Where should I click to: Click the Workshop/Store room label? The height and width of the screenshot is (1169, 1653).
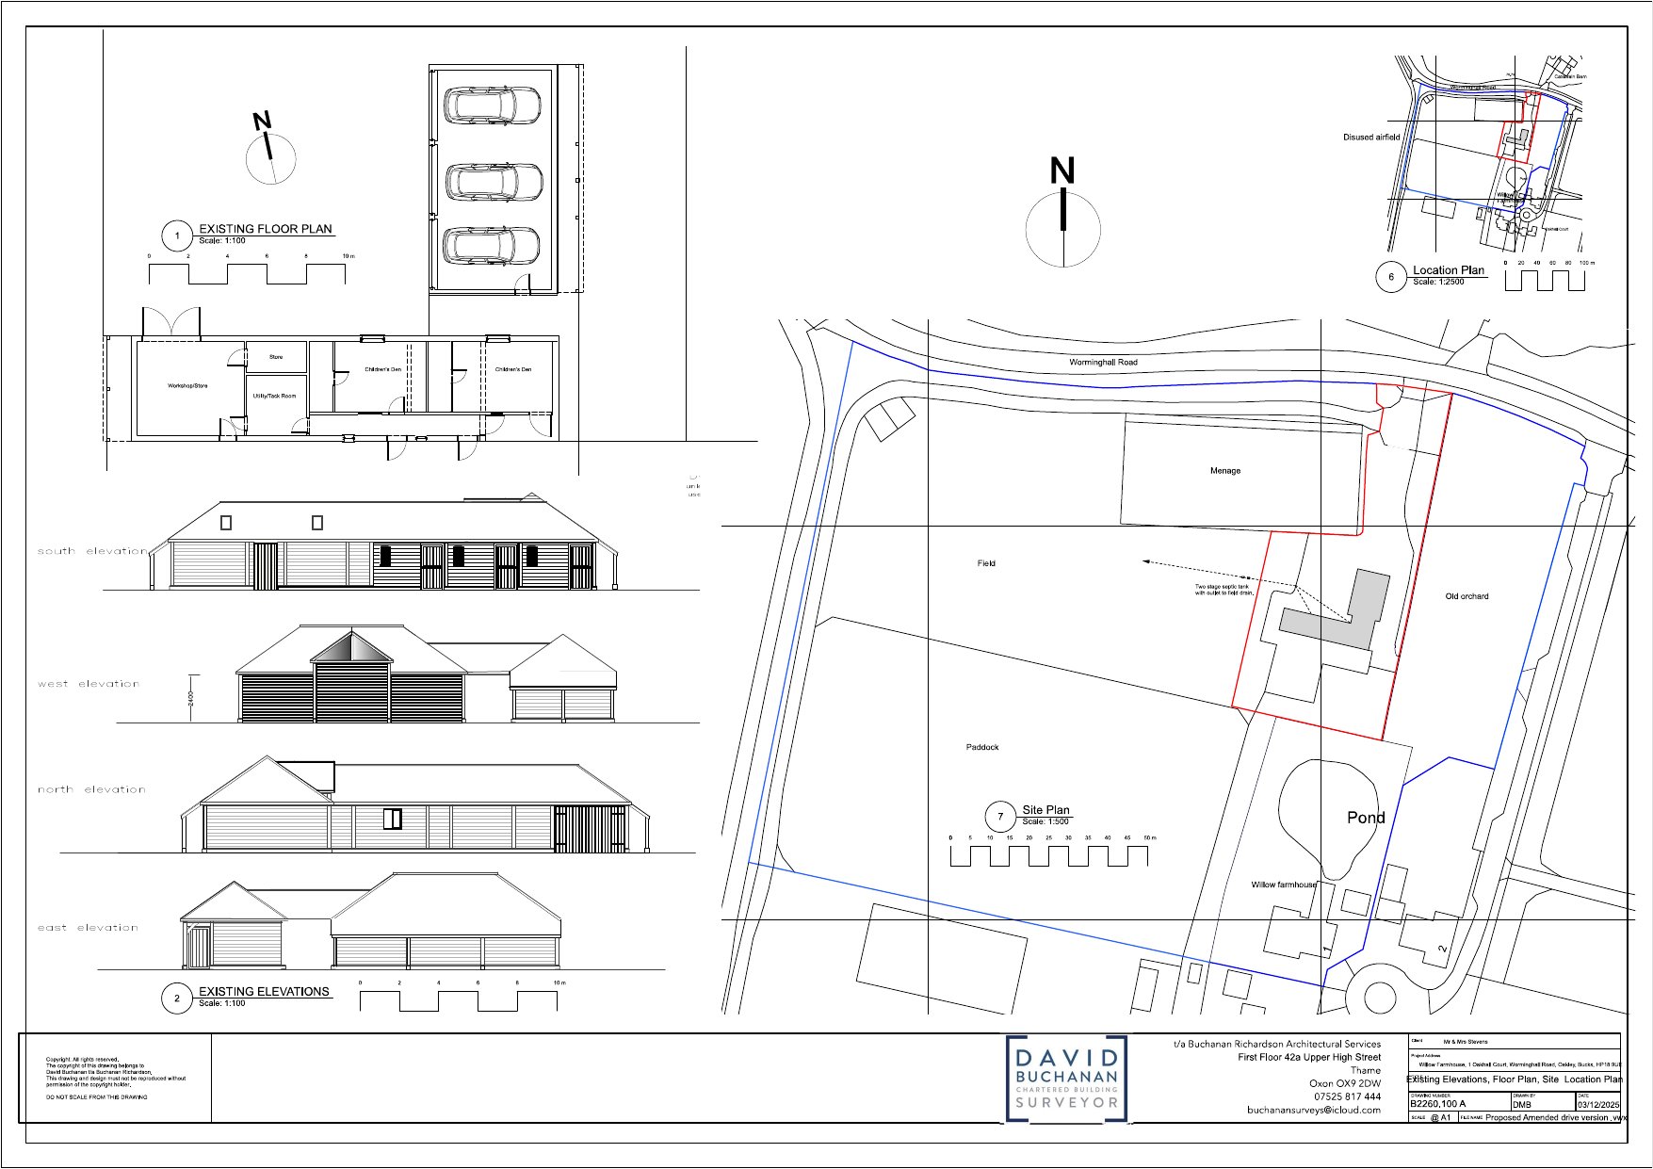pyautogui.click(x=187, y=386)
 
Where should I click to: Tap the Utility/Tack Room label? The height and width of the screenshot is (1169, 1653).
pyautogui.click(x=274, y=396)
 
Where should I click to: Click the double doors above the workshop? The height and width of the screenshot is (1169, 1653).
pyautogui.click(x=171, y=322)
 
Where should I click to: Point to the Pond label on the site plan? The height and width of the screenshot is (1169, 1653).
pyautogui.click(x=1366, y=818)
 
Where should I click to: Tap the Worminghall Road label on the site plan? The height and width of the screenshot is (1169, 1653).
pyautogui.click(x=1103, y=362)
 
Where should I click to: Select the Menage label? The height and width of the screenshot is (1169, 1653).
pyautogui.click(x=1225, y=471)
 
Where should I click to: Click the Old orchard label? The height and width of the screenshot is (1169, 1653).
pyautogui.click(x=1467, y=596)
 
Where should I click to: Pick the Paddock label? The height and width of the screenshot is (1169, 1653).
pyautogui.click(x=982, y=747)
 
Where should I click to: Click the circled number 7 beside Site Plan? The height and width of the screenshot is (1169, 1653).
pyautogui.click(x=1000, y=817)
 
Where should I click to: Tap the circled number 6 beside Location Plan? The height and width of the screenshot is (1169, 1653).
pyautogui.click(x=1391, y=277)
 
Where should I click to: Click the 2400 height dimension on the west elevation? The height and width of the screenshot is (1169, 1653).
pyautogui.click(x=190, y=698)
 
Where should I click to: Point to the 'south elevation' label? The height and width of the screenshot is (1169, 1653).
pyautogui.click(x=92, y=551)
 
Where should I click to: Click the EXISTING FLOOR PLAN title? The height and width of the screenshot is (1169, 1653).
pyautogui.click(x=266, y=229)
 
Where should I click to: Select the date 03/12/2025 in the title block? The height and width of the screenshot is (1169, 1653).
pyautogui.click(x=1598, y=1104)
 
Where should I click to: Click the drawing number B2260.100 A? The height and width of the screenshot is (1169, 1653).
pyautogui.click(x=1437, y=1104)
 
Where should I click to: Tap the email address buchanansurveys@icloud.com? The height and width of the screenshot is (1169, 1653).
pyautogui.click(x=1314, y=1110)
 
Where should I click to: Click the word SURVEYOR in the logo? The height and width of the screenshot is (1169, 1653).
pyautogui.click(x=1066, y=1102)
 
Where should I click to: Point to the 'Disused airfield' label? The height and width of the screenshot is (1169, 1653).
pyautogui.click(x=1371, y=138)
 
